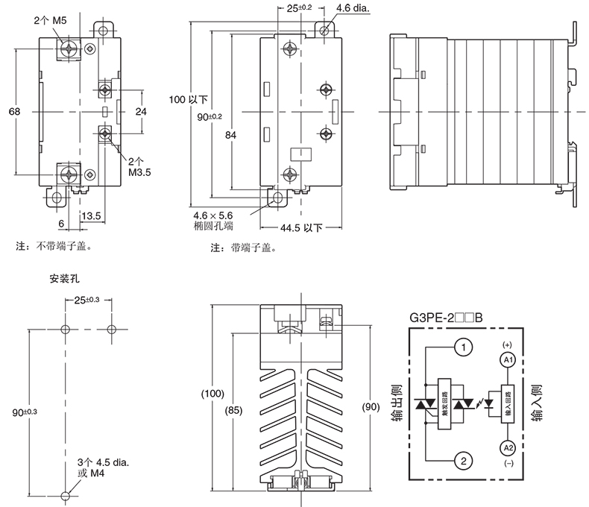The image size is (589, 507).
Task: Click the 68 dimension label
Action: click(13, 111)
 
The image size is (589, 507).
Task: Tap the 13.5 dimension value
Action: click(91, 216)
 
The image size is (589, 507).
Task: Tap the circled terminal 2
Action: click(463, 462)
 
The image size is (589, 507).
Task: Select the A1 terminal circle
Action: click(507, 360)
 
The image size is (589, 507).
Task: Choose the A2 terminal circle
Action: click(507, 447)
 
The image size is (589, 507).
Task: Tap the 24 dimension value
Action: click(140, 111)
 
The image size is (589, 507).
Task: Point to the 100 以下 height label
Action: click(188, 99)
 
